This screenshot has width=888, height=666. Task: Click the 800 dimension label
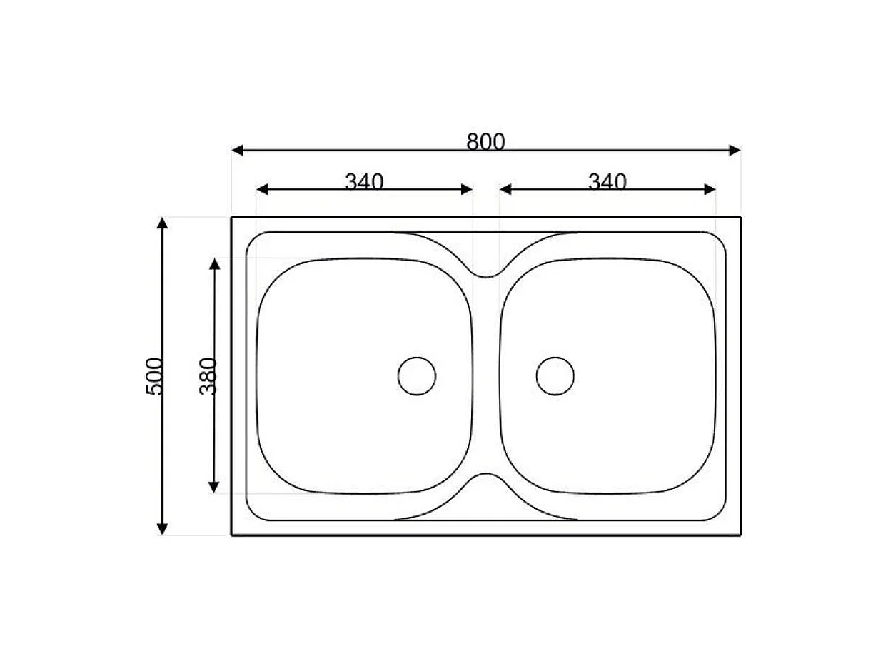(485, 142)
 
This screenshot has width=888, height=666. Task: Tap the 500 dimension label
(154, 376)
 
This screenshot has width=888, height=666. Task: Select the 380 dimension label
(208, 376)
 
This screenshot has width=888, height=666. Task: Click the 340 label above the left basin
(364, 181)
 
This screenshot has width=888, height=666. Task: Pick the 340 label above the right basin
(607, 181)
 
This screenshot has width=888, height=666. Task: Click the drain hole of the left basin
(417, 375)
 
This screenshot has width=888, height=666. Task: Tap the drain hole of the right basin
(555, 375)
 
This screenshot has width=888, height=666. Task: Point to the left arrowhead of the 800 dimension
(237, 150)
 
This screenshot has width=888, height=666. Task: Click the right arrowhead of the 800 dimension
(735, 150)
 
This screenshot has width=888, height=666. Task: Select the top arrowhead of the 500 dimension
(162, 223)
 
